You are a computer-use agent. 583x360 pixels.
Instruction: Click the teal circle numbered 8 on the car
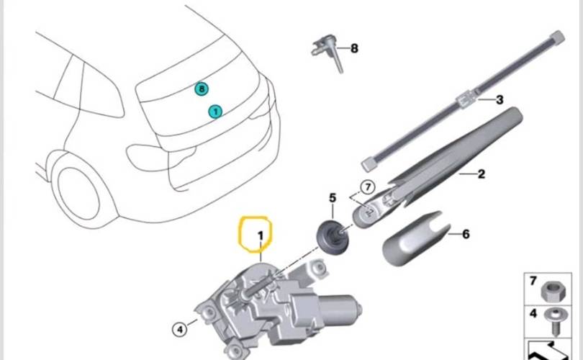click(202, 89)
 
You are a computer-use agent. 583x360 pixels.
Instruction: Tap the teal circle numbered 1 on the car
click(215, 111)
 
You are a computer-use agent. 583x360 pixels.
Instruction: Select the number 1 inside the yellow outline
click(261, 235)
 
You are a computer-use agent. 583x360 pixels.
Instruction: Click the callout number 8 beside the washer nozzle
click(353, 48)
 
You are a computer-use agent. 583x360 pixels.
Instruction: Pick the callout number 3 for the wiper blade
click(499, 100)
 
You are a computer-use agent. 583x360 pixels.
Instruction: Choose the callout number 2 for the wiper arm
click(482, 174)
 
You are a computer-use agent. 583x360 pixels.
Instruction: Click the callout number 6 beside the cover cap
click(466, 234)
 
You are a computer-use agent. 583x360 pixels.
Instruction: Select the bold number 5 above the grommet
click(332, 198)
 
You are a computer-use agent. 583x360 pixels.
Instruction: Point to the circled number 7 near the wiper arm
click(367, 187)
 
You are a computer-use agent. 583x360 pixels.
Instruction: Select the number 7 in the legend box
click(533, 279)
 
